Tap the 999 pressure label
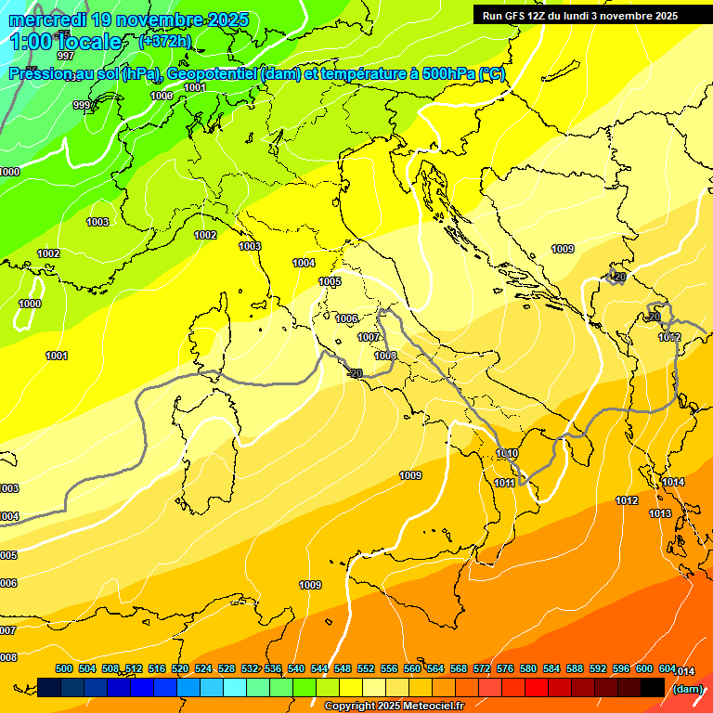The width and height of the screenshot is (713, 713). [83, 105]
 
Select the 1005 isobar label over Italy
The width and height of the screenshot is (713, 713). [330, 281]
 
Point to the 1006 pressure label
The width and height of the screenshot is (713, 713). [346, 318]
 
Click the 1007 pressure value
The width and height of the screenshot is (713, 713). [369, 337]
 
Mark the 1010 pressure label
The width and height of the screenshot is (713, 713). [507, 453]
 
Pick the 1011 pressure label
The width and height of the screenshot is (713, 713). [504, 483]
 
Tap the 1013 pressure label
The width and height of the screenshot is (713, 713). [660, 513]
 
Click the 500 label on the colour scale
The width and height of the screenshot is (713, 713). [64, 668]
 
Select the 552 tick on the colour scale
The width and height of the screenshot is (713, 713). [366, 668]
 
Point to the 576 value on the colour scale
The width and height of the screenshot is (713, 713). [505, 668]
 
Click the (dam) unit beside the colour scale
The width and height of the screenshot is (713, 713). [687, 689]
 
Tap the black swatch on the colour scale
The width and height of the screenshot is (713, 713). [653, 687]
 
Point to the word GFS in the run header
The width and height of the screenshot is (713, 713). [518, 16]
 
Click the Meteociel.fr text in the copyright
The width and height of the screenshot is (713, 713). [428, 707]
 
